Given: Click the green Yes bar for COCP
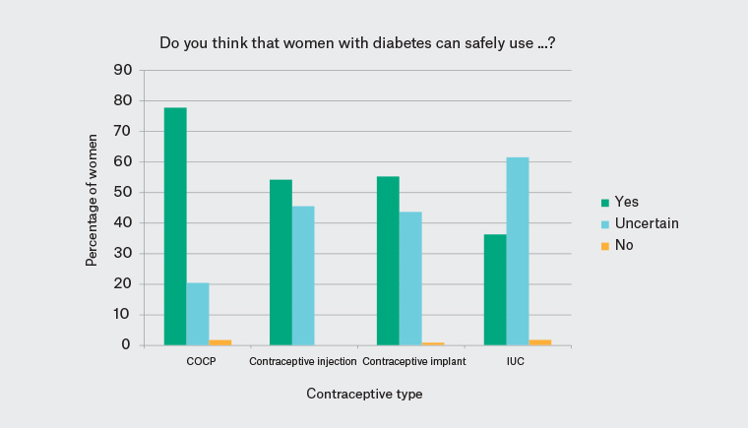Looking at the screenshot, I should [175, 226].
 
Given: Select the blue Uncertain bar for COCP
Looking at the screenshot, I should [198, 314].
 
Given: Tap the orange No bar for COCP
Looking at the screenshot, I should [220, 342].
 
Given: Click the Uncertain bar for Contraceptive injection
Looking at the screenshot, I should [303, 275].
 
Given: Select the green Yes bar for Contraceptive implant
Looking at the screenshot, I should [388, 261].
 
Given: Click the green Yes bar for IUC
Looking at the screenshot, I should [495, 289].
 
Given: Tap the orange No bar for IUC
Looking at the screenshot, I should [540, 342].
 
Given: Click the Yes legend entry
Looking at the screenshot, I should [626, 202].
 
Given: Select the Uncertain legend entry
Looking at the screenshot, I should [646, 223].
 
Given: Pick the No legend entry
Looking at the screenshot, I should [623, 245].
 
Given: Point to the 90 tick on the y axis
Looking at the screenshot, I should [123, 70].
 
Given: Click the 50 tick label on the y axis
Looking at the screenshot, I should [123, 192].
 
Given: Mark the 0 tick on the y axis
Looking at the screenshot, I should [127, 345].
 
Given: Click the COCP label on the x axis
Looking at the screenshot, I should [201, 362].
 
